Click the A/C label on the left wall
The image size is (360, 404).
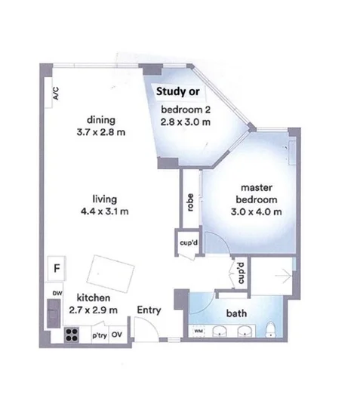click(x=55, y=94)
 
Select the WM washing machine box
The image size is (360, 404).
click(x=198, y=331)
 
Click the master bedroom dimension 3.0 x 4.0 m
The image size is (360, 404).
click(x=257, y=211)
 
